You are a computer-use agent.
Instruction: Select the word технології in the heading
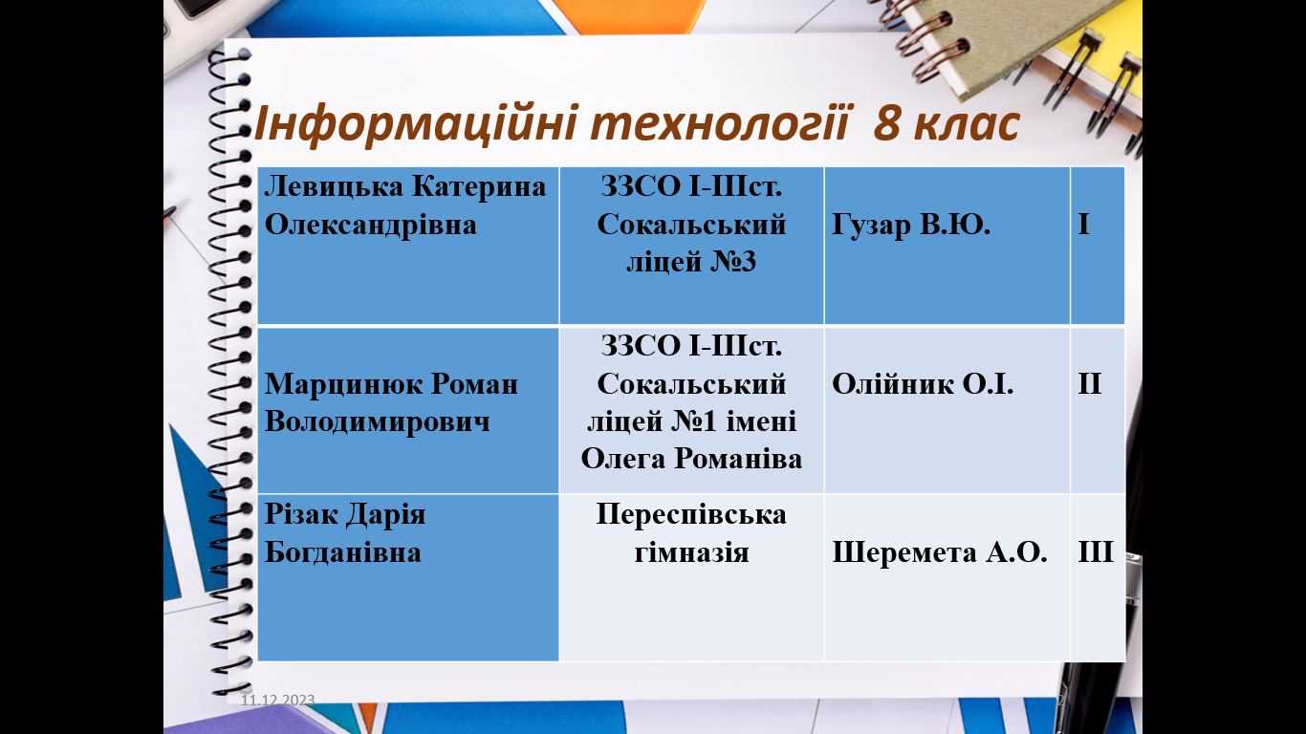click(721, 124)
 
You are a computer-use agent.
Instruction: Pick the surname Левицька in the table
click(334, 187)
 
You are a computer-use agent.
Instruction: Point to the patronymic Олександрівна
click(371, 225)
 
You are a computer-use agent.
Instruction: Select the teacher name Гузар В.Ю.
click(911, 225)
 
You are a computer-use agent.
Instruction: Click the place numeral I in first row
click(1084, 225)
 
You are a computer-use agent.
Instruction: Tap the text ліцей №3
click(691, 262)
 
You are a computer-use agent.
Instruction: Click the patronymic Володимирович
click(378, 421)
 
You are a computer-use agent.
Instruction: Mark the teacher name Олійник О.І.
click(923, 384)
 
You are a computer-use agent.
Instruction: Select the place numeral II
click(1090, 384)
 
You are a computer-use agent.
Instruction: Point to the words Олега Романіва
click(691, 459)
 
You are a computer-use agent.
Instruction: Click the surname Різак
click(301, 515)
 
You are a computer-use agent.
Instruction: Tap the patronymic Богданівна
click(343, 552)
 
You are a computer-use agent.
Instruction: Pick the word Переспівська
click(691, 515)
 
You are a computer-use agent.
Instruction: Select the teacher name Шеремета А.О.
click(939, 552)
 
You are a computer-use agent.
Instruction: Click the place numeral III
click(1096, 552)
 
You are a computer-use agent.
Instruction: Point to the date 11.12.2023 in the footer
click(277, 700)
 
